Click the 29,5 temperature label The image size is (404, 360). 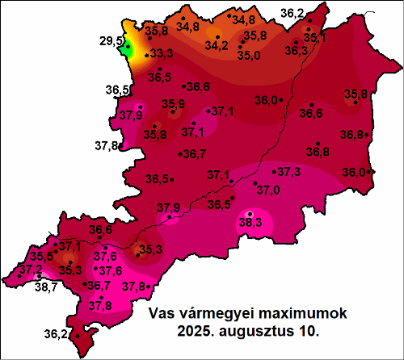pos(112,40)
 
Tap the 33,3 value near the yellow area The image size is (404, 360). pos(162,54)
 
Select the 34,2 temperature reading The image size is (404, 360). pos(216,46)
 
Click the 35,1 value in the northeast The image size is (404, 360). pos(315,37)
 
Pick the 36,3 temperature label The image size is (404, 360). pos(297,50)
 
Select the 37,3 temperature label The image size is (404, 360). pos(289,172)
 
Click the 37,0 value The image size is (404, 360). pos(267,189)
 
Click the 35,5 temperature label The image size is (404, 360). pos(42,256)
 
